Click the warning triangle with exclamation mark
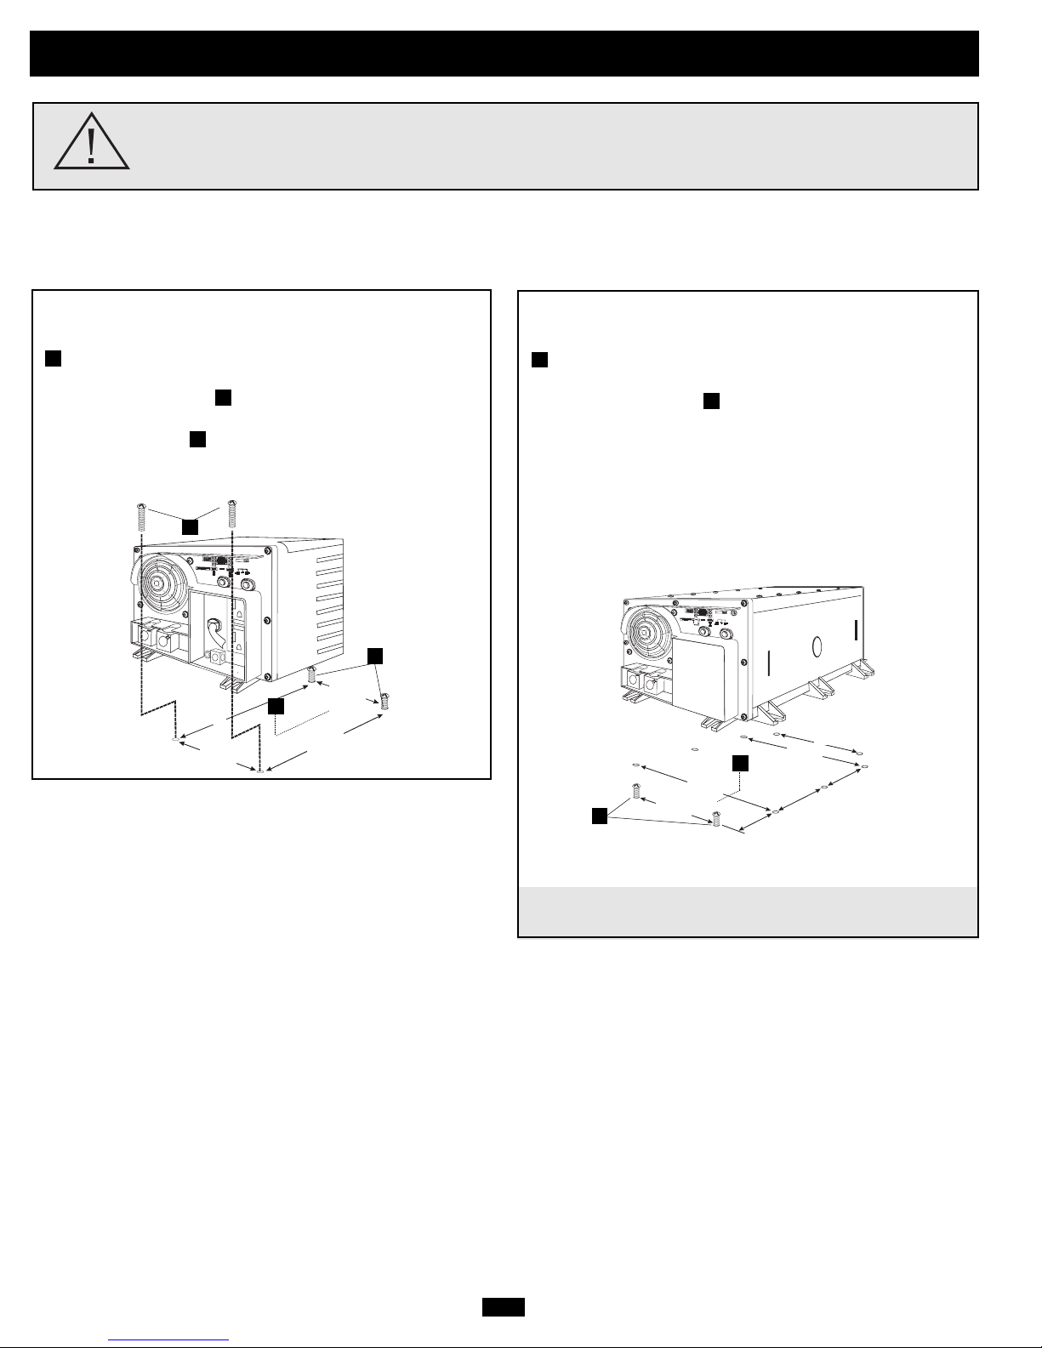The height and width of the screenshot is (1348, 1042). click(92, 143)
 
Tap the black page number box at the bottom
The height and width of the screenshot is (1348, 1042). click(503, 1307)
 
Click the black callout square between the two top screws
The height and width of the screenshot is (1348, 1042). click(190, 527)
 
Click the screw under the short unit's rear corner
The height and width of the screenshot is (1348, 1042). click(312, 676)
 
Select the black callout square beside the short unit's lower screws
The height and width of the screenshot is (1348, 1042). click(376, 655)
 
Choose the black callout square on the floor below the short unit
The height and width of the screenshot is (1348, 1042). click(275, 705)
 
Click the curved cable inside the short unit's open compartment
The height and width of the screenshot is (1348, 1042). click(213, 634)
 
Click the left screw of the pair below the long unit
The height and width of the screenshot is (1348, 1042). click(635, 791)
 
